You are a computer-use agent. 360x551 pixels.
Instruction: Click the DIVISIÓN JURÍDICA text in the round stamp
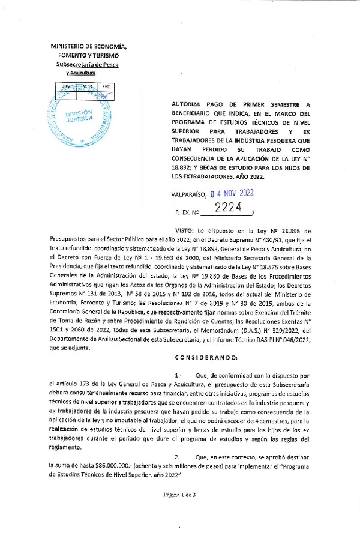(x=79, y=116)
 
